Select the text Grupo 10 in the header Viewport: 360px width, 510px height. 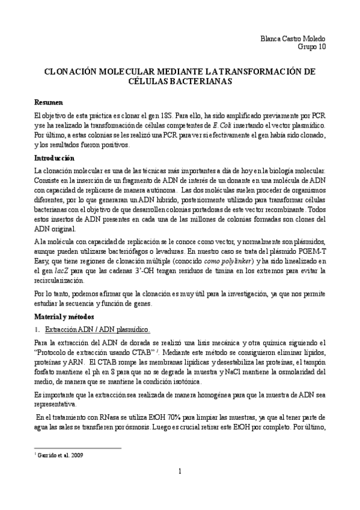tap(313, 46)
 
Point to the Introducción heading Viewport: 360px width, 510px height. tap(54, 158)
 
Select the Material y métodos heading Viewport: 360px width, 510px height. tap(64, 316)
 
